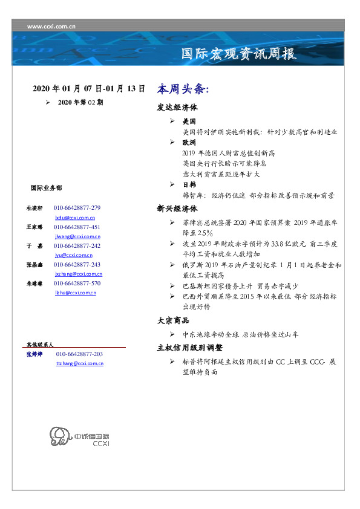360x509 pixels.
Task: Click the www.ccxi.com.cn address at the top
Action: (51, 26)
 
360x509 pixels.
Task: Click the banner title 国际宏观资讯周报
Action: (239, 54)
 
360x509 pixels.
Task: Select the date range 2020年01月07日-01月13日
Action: (88, 89)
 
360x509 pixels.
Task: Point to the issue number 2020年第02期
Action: (80, 103)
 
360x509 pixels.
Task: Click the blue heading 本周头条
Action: (183, 89)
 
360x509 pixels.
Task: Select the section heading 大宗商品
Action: (173, 321)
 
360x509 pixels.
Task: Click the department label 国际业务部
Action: (45, 188)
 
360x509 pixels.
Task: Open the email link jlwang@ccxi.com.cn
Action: (77, 236)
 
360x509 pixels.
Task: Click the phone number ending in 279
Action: (77, 208)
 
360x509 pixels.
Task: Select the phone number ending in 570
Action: (77, 283)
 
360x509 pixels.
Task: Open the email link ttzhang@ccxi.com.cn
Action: (79, 363)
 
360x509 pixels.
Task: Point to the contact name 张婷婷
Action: (34, 354)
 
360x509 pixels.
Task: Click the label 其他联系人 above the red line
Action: (39, 344)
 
